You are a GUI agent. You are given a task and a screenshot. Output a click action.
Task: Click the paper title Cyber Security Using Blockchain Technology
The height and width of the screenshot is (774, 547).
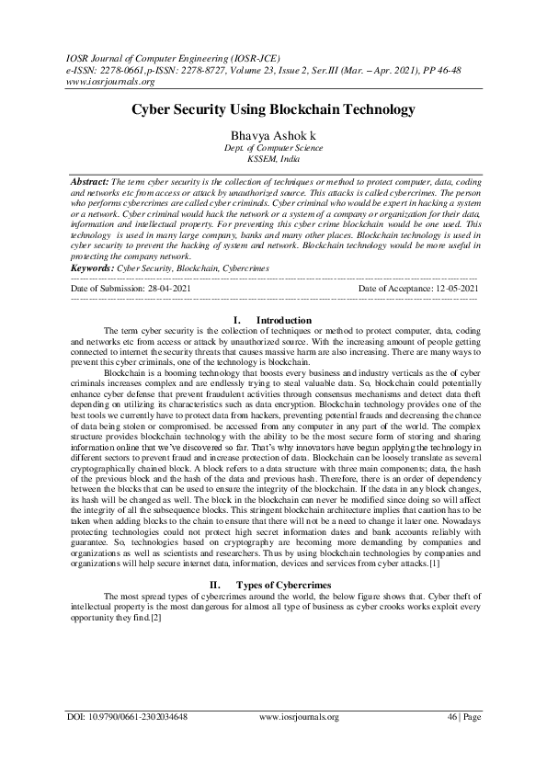(273, 108)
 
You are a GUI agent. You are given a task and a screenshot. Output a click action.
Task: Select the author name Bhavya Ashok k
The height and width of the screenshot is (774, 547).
(273, 135)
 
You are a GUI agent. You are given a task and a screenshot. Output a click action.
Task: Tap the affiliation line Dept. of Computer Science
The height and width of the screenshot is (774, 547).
(273, 147)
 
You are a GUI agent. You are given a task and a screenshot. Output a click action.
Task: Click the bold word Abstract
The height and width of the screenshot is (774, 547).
(88, 183)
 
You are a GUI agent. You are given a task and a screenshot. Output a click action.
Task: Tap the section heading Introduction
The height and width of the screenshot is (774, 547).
(284, 320)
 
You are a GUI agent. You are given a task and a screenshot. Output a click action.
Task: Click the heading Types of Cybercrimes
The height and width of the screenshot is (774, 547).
(285, 558)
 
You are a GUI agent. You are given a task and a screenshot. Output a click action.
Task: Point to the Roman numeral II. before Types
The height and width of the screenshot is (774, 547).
(215, 558)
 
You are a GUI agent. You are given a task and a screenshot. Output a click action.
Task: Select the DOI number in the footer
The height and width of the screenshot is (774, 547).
(129, 742)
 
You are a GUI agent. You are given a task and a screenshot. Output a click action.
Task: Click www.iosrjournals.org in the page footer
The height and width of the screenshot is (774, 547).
(300, 742)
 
